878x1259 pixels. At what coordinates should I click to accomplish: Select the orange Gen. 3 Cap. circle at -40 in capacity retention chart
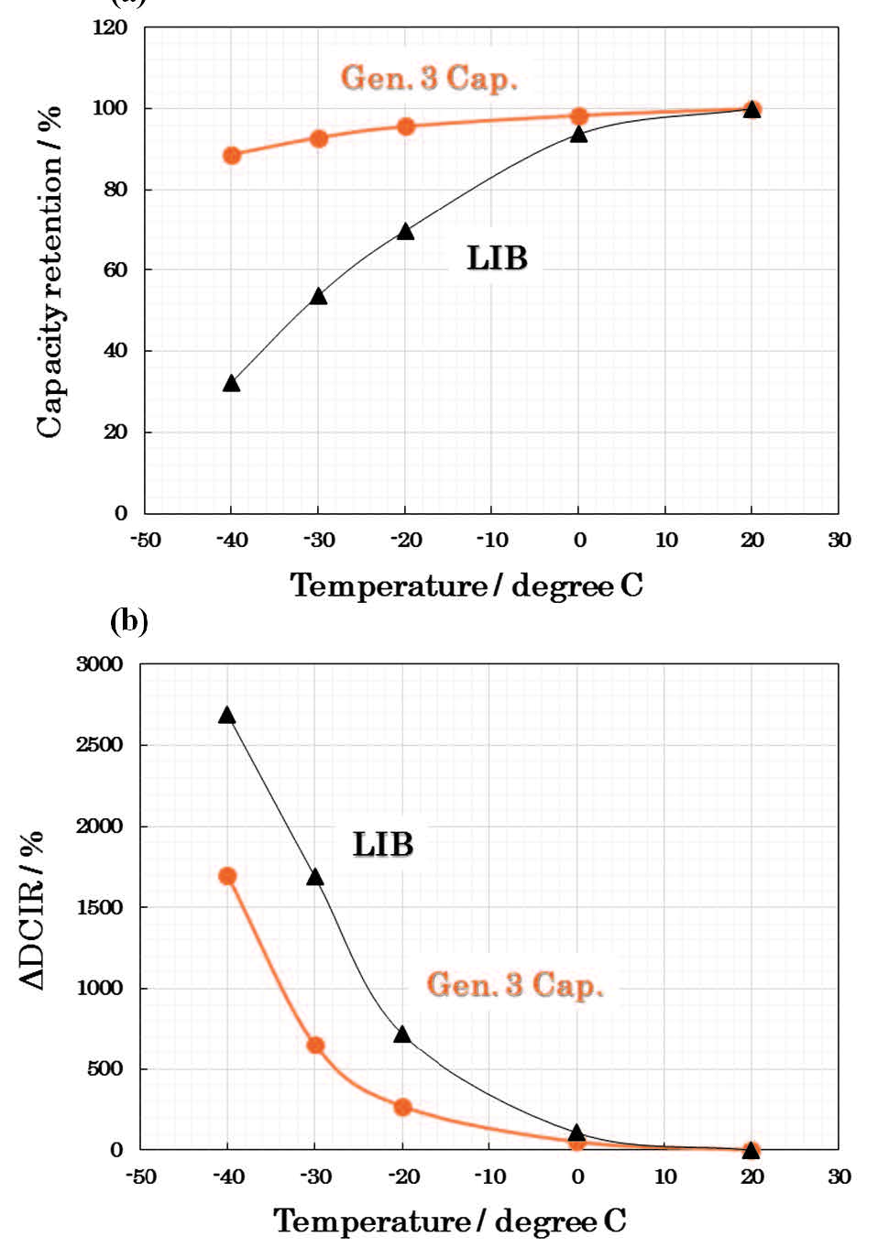[x=232, y=155]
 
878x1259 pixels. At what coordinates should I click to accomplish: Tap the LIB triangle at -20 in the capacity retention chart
[x=405, y=232]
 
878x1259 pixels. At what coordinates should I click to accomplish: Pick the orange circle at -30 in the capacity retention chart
[x=319, y=138]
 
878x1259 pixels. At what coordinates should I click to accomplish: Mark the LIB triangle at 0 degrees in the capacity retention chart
[x=578, y=134]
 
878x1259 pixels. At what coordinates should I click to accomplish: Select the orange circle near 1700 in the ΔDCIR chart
[x=227, y=876]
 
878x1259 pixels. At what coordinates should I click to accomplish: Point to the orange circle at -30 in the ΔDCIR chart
[x=315, y=1045]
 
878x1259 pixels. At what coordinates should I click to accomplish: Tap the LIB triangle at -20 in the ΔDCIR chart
[x=401, y=1035]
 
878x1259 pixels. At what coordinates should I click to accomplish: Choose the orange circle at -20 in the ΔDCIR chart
[x=402, y=1107]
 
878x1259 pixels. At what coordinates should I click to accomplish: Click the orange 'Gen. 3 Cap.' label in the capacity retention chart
[x=429, y=78]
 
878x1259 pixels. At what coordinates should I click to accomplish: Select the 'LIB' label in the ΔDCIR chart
[x=383, y=844]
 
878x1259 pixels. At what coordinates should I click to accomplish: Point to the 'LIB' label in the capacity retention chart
[x=497, y=258]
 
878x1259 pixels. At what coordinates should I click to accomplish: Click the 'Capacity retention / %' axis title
[x=50, y=271]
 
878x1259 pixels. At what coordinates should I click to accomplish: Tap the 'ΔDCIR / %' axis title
[x=33, y=910]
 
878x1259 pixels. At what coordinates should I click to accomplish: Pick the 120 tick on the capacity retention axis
[x=110, y=27]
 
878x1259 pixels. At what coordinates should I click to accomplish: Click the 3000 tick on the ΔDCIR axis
[x=99, y=664]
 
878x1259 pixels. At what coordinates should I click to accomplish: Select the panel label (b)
[x=128, y=621]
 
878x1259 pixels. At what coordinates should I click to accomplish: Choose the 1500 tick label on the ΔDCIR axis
[x=99, y=907]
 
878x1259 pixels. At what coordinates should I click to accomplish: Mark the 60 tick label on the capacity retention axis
[x=115, y=270]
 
